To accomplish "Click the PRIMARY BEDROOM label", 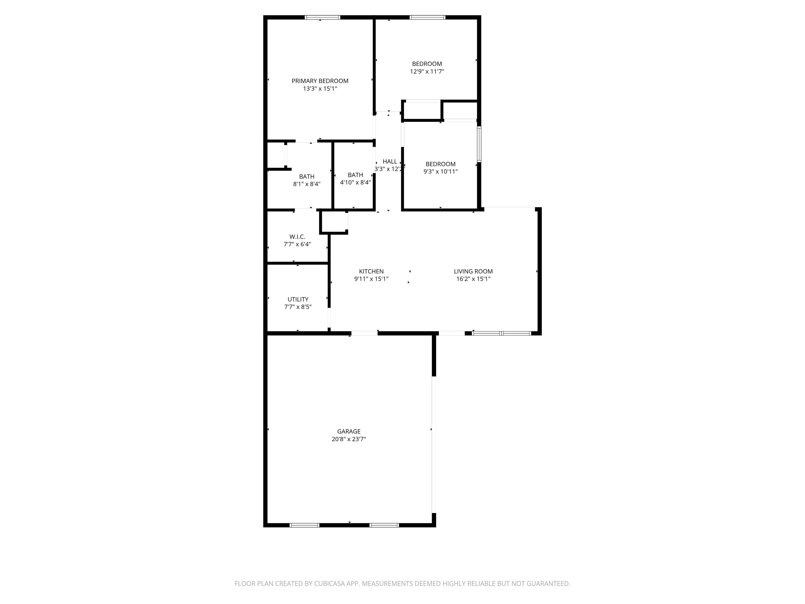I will (320, 81).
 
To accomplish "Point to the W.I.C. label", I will (297, 237).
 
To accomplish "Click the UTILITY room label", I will (298, 299).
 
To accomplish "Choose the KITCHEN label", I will (371, 271).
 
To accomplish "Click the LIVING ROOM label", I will (473, 271).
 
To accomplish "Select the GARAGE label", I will (349, 432).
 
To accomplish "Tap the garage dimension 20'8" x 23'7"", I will (349, 439).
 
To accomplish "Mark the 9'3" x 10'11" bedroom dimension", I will (440, 171).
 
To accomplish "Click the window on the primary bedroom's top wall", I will (322, 17).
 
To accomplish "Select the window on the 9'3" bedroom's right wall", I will (479, 144).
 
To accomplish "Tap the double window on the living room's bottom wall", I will (502, 333).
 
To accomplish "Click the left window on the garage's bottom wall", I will (304, 525).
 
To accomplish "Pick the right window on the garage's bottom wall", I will (384, 525).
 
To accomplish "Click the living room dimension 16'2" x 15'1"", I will (473, 279).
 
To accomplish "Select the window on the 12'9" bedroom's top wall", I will (427, 17).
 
